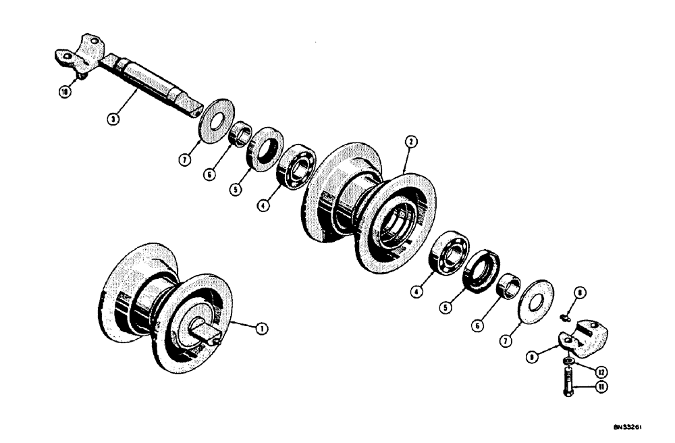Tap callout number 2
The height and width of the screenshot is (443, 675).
pyautogui.click(x=410, y=142)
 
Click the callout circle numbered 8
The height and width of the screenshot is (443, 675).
pyautogui.click(x=580, y=294)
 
